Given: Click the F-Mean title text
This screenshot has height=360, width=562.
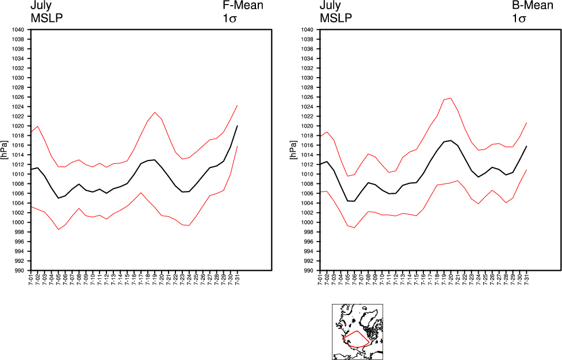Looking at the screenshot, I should pyautogui.click(x=243, y=6).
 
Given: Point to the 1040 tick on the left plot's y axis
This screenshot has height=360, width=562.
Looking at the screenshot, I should pyautogui.click(x=17, y=30).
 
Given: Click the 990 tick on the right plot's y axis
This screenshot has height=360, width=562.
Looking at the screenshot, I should pyautogui.click(x=307, y=271).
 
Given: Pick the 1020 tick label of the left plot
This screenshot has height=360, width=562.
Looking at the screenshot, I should pyautogui.click(x=17, y=126).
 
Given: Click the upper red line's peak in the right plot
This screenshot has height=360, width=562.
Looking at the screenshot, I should pyautogui.click(x=450, y=98).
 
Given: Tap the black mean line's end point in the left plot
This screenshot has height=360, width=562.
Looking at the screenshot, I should pyautogui.click(x=237, y=125).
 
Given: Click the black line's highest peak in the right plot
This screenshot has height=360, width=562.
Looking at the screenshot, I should pyautogui.click(x=450, y=140).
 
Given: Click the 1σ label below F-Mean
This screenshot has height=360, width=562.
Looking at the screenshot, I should pyautogui.click(x=230, y=18).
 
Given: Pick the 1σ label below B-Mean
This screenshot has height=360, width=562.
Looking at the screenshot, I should pyautogui.click(x=519, y=18).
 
